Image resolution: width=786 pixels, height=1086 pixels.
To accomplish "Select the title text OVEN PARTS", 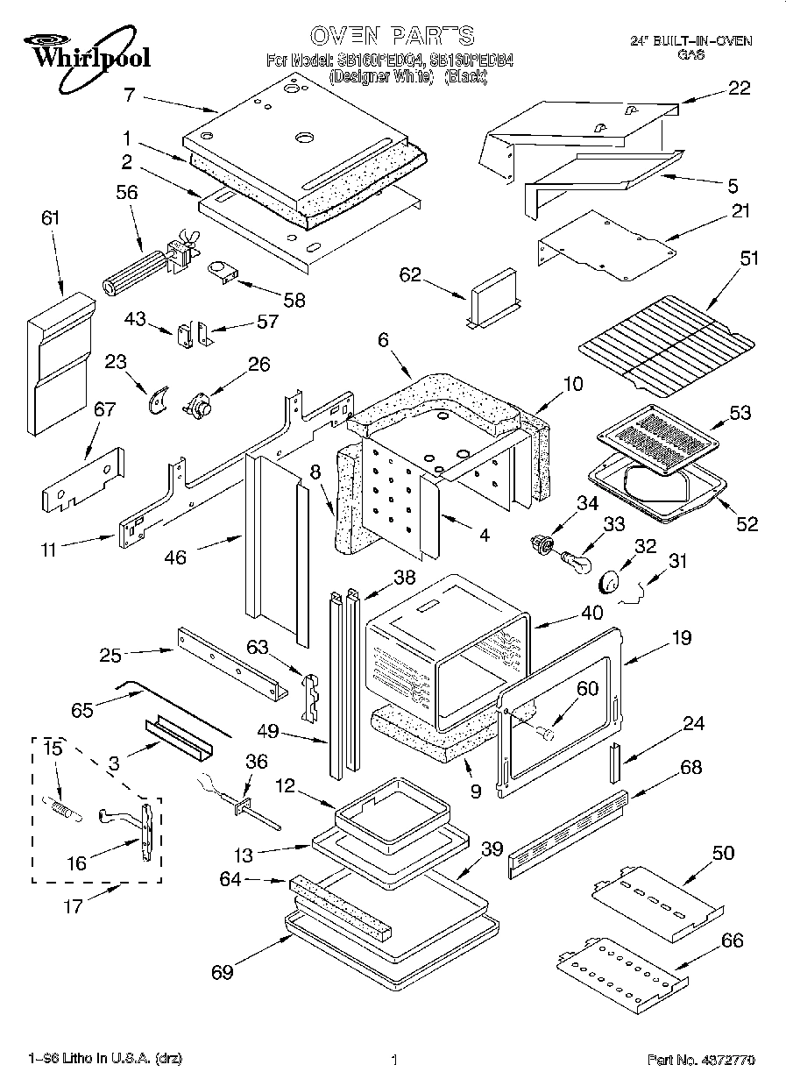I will pos(393,36).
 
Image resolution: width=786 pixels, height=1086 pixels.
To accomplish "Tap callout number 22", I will pos(739,88).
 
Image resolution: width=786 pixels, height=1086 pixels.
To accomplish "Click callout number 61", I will pos(51,218).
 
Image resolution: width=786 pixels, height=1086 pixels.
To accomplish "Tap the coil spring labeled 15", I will pos(61,806).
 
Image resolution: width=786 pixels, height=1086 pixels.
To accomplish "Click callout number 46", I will pos(175,557).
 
